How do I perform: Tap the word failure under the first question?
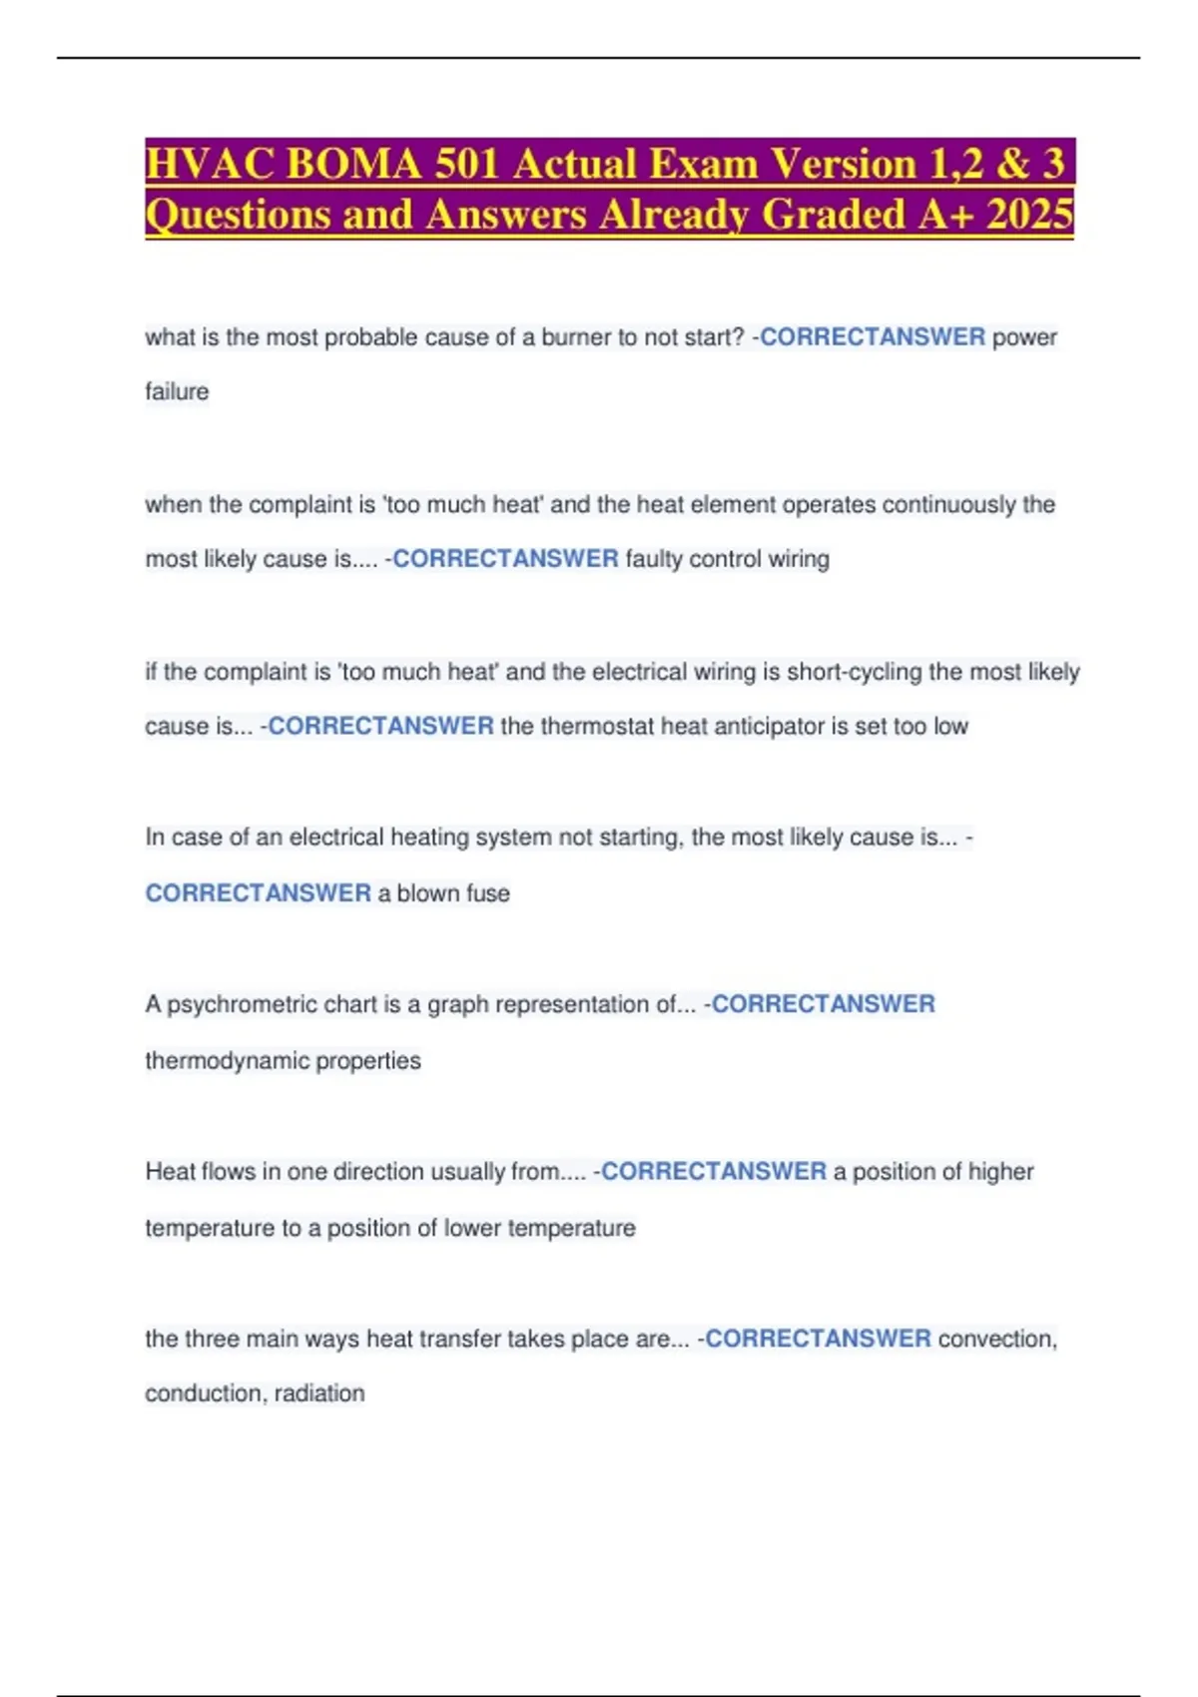pos(177,391)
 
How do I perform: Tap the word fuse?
pos(488,893)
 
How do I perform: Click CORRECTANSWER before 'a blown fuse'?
pos(258,893)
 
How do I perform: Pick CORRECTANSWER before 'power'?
pos(873,337)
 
